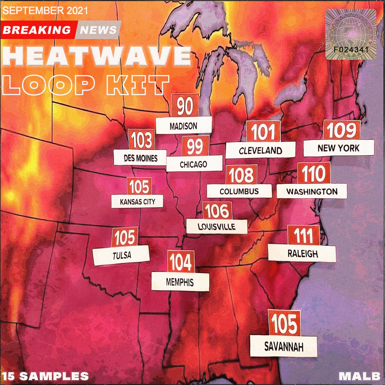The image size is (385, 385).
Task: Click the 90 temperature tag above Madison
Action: pyautogui.click(x=185, y=106)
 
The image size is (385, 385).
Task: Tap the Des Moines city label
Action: pyautogui.click(x=140, y=158)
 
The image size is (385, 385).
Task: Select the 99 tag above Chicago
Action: pyautogui.click(x=195, y=146)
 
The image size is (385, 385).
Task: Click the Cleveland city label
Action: pyautogui.click(x=260, y=150)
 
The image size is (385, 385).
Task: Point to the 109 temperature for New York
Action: pyautogui.click(x=341, y=130)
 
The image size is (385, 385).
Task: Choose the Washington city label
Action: pyautogui.click(x=312, y=191)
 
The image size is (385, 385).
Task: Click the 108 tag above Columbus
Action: pyautogui.click(x=241, y=175)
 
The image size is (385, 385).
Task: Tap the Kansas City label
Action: pyautogui.click(x=137, y=202)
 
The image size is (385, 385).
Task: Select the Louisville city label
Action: pyautogui.click(x=217, y=226)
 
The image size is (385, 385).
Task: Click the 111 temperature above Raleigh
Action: pyautogui.click(x=303, y=235)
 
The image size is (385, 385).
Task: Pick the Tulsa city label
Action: pyautogui.click(x=121, y=255)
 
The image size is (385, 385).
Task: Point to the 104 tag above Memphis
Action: pyautogui.click(x=181, y=262)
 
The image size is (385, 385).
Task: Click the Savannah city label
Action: pyautogui.click(x=284, y=346)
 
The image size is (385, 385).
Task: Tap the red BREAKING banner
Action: pyautogui.click(x=37, y=30)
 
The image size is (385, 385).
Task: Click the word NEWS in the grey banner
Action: pyautogui.click(x=98, y=30)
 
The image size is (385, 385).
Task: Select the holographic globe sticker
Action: pyautogui.click(x=351, y=34)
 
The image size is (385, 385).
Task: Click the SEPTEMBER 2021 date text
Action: pyautogui.click(x=45, y=11)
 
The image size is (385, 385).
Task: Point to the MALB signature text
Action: pyautogui.click(x=359, y=376)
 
